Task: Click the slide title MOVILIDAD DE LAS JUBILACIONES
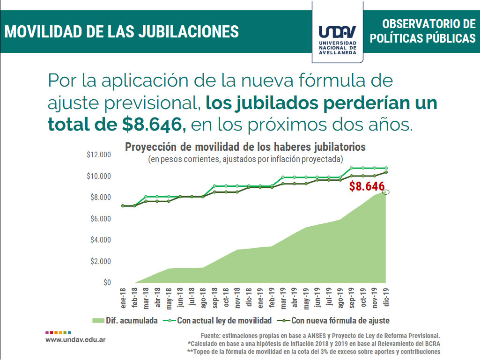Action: click(121, 31)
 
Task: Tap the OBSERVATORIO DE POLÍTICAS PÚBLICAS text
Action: click(422, 31)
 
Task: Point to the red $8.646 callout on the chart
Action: click(367, 186)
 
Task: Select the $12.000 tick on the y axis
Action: click(98, 155)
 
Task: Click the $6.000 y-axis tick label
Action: click(100, 219)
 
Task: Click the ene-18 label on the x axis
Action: click(123, 298)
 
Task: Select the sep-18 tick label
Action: click(214, 298)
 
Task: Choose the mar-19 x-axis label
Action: click(283, 298)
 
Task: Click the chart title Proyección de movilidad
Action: click(245, 147)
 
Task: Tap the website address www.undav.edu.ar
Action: click(75, 338)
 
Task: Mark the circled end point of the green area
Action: click(386, 192)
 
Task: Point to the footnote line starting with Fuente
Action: click(320, 336)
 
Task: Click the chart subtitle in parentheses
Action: click(245, 159)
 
